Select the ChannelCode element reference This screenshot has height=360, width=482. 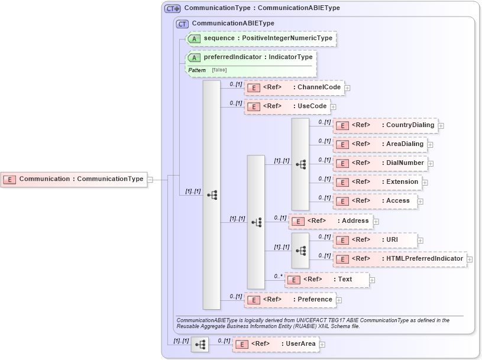click(x=294, y=87)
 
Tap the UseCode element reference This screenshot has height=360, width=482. click(x=287, y=106)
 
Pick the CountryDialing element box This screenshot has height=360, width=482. click(x=385, y=125)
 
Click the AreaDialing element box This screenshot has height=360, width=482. click(x=380, y=144)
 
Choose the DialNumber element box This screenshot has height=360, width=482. click(x=380, y=163)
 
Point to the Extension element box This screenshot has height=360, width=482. click(x=377, y=182)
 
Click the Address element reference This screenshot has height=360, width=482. click(x=331, y=221)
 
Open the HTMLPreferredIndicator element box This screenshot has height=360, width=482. click(x=399, y=259)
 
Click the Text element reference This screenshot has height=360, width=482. click(x=327, y=280)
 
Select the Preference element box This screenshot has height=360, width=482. click(x=290, y=300)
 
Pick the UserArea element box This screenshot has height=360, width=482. click(x=276, y=344)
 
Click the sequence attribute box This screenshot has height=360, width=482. click(x=261, y=38)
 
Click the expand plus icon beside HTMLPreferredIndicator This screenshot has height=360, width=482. click(x=470, y=259)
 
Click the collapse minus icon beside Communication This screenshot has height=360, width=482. click(x=150, y=179)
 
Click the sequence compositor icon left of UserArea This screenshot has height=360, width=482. click(x=200, y=344)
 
